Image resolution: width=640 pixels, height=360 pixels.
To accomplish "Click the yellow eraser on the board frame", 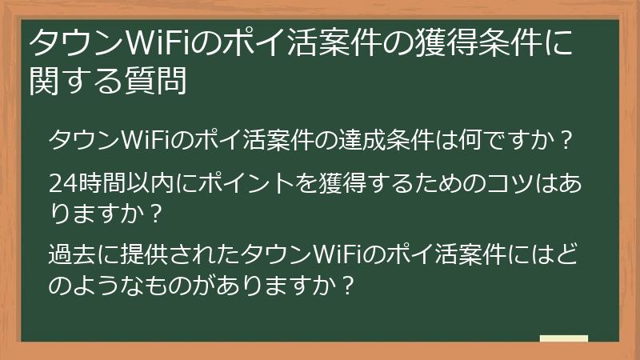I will [x=564, y=338].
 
